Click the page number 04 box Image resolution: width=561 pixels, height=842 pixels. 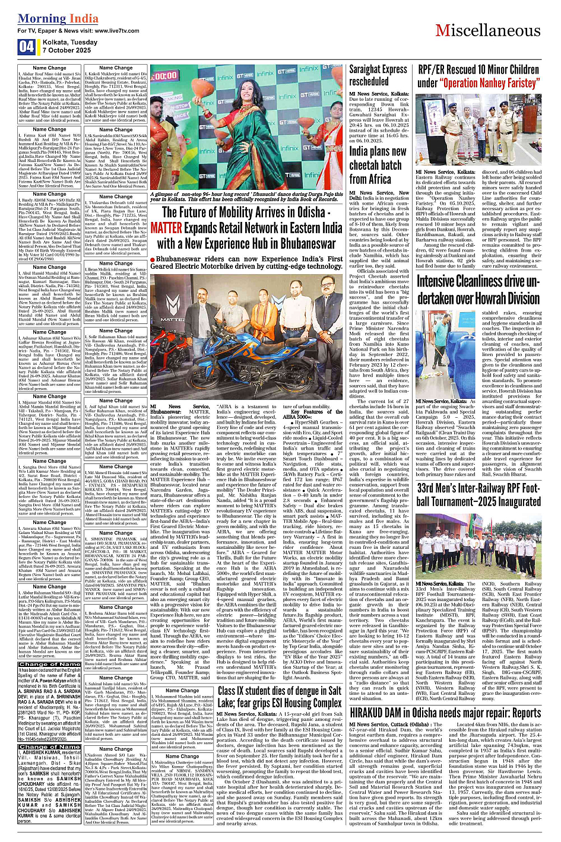click(x=26, y=47)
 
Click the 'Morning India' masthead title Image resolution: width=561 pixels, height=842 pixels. click(x=50, y=18)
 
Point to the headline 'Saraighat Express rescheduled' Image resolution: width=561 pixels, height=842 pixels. click(x=378, y=75)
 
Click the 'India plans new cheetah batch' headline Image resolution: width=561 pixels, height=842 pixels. click(x=378, y=164)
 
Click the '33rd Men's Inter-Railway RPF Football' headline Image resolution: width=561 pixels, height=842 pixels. click(x=478, y=494)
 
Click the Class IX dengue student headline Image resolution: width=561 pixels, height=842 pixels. click(x=279, y=697)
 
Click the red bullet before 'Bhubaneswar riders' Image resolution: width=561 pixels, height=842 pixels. click(x=153, y=259)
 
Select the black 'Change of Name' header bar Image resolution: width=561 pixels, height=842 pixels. click(x=49, y=664)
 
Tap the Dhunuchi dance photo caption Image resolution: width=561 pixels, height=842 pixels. click(x=246, y=197)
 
